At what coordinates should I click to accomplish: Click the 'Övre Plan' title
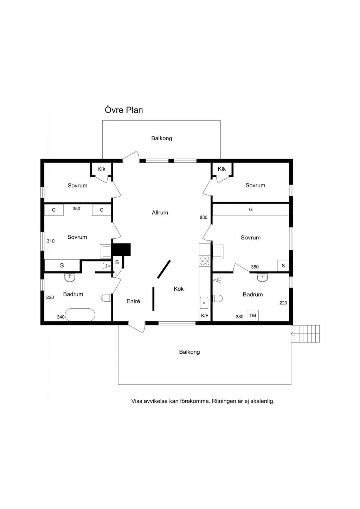(124, 110)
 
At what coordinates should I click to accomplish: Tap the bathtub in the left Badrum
(80, 315)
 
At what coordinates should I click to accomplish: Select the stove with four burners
(205, 260)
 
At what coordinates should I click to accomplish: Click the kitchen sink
(204, 302)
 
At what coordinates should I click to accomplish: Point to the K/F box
(205, 316)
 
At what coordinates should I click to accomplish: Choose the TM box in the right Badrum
(252, 316)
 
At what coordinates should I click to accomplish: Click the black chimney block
(121, 250)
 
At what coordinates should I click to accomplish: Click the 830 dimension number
(204, 218)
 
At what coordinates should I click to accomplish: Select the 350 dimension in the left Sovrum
(76, 209)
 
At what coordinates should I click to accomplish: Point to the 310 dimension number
(51, 241)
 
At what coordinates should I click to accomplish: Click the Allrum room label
(160, 213)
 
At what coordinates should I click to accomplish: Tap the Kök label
(179, 289)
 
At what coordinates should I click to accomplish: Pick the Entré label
(133, 301)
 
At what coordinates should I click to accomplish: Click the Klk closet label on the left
(101, 169)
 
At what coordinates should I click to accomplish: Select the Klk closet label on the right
(221, 169)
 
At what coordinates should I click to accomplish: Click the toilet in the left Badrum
(106, 298)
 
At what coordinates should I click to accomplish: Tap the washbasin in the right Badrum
(262, 278)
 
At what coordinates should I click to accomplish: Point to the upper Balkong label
(162, 138)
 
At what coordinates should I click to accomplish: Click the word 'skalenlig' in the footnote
(262, 401)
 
